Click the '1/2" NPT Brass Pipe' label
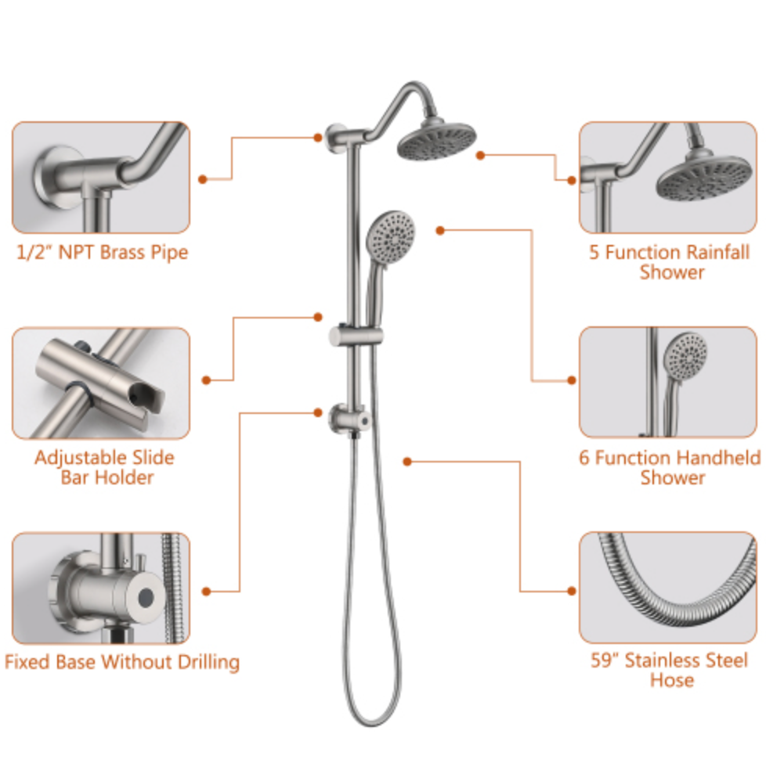point(103,253)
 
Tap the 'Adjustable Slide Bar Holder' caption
point(104,467)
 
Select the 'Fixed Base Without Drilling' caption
point(122,662)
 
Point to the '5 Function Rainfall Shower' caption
point(670,262)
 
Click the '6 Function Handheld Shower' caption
point(670,467)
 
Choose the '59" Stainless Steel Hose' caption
point(670,671)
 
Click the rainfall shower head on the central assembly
point(436,139)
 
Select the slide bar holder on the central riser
point(356,336)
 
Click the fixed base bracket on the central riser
point(350,420)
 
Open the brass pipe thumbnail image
point(101,178)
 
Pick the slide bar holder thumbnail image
point(101,383)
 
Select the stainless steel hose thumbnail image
point(668,588)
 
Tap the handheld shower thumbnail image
point(668,382)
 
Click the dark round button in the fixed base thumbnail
point(146,598)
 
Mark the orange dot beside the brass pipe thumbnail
point(203,179)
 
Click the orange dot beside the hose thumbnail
point(571,591)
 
